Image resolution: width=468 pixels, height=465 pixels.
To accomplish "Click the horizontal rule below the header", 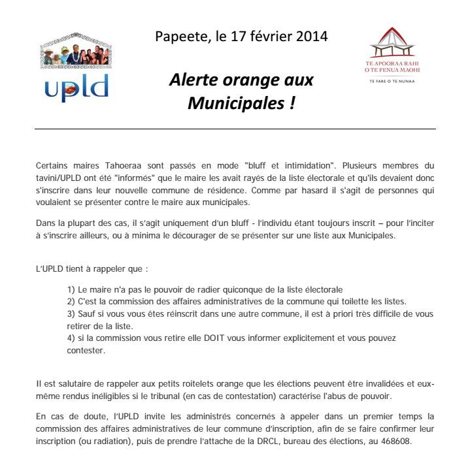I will (x=235, y=129).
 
